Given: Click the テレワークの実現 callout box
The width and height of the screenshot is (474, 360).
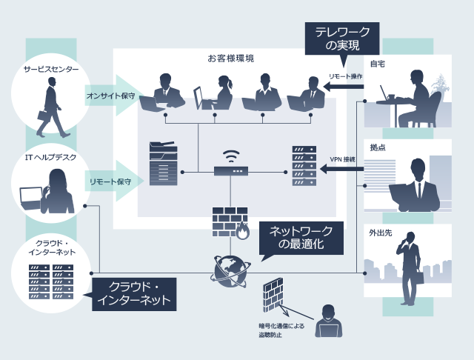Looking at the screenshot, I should click(x=337, y=38).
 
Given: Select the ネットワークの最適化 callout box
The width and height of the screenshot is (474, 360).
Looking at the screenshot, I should click(x=300, y=237).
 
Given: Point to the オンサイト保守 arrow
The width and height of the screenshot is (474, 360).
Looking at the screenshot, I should click(x=113, y=96).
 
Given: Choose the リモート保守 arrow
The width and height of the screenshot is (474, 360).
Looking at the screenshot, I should click(x=113, y=181).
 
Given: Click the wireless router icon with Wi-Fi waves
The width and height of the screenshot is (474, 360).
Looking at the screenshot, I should click(x=232, y=166).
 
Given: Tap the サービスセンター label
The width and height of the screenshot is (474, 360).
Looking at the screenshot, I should click(x=51, y=69).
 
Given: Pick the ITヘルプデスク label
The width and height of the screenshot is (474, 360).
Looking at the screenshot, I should click(x=50, y=157).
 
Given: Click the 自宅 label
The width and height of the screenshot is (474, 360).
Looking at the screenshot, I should click(x=377, y=64).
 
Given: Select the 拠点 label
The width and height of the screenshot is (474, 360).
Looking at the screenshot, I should click(x=377, y=147).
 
